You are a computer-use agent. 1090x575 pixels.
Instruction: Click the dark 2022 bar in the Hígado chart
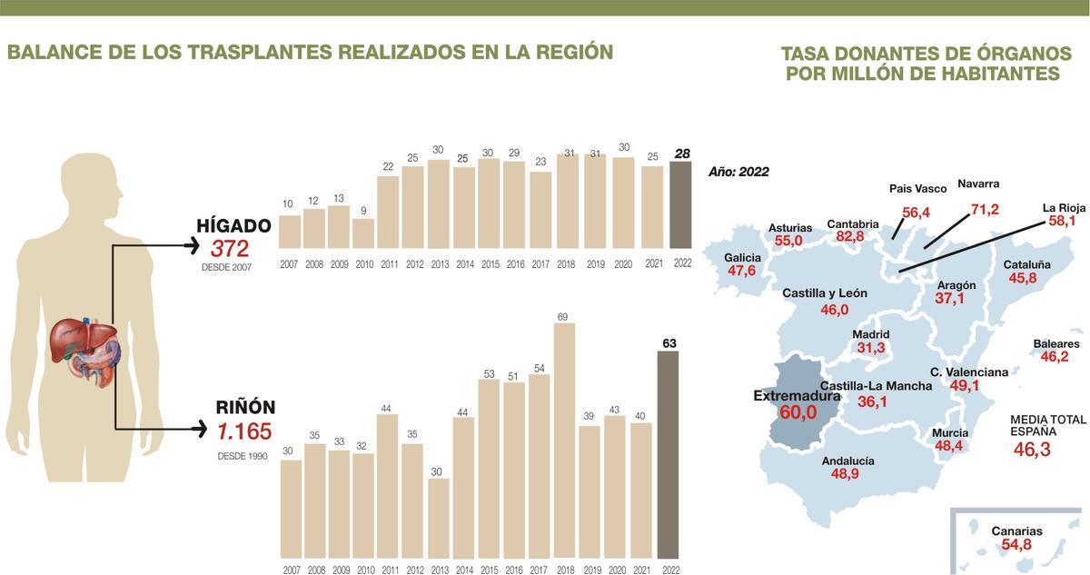click(680, 204)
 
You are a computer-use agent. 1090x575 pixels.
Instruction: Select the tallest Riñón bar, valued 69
click(564, 441)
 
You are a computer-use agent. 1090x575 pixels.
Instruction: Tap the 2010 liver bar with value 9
click(363, 233)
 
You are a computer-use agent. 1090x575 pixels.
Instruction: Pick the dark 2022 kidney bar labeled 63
click(669, 454)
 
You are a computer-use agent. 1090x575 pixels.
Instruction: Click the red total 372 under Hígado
click(230, 249)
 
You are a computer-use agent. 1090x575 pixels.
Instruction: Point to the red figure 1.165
click(243, 432)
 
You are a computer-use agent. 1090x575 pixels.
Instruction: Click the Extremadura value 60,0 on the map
click(800, 412)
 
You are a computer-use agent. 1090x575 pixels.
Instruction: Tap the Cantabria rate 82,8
click(850, 237)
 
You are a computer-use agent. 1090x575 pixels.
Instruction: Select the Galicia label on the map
click(742, 257)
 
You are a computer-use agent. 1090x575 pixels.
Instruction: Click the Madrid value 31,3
click(870, 348)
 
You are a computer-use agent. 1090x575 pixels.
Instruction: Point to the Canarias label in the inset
click(1016, 530)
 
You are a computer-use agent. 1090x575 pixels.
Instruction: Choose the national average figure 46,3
click(1032, 450)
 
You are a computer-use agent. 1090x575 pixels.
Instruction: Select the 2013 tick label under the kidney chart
click(440, 570)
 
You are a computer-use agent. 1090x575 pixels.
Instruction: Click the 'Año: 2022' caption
click(738, 172)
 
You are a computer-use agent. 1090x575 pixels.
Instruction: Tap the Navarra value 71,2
click(985, 210)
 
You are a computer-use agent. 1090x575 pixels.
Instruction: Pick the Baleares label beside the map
click(1055, 344)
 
